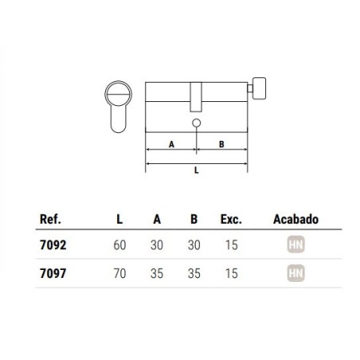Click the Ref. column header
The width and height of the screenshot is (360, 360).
pos(50,219)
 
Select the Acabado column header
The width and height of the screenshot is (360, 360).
pos(295,219)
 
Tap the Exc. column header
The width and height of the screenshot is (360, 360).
pos(231,219)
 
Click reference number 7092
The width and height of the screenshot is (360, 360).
pos(53,245)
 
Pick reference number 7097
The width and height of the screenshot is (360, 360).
pos(53,273)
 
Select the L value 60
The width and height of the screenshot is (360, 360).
pos(119,245)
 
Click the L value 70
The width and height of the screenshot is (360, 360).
pos(119,273)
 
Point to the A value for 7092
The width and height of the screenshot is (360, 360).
pos(157,245)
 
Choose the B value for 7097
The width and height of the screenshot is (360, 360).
pos(194,273)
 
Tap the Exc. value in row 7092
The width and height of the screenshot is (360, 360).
pos(231,245)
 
